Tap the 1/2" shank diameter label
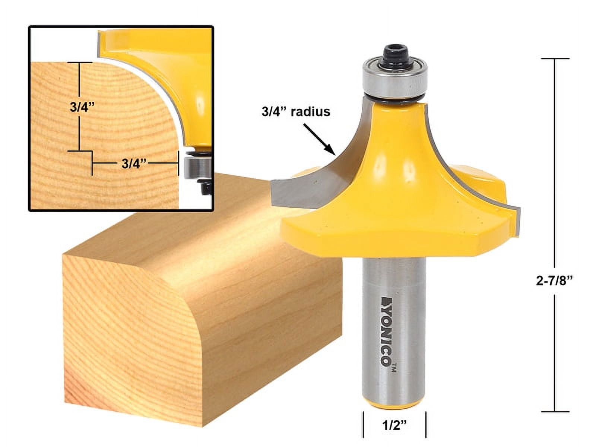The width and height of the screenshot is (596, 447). click(394, 425)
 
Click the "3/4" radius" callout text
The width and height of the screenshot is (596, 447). click(296, 111)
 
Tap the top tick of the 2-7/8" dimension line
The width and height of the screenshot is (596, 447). click(555, 59)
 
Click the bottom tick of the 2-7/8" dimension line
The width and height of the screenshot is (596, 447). click(555, 412)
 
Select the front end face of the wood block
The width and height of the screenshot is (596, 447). click(130, 335)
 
